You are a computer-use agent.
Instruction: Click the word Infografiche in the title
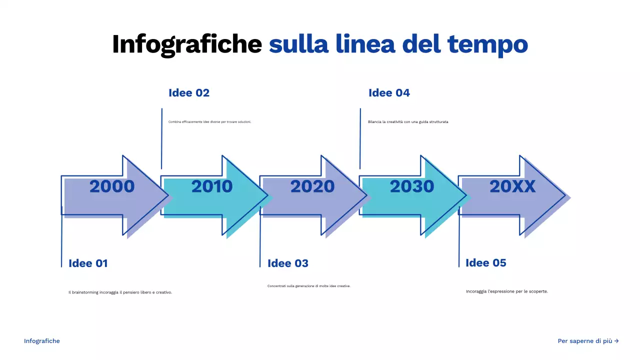186,44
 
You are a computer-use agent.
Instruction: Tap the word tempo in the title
487,45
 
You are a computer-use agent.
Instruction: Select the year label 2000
112,186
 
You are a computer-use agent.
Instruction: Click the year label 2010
212,186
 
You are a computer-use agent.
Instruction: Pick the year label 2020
312,186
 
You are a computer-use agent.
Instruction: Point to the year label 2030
412,186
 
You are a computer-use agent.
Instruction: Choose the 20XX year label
512,186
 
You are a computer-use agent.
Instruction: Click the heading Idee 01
88,263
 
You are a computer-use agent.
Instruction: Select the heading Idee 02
189,93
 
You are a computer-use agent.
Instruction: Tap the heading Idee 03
288,263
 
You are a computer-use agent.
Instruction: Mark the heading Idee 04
389,93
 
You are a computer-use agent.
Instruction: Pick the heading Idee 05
485,263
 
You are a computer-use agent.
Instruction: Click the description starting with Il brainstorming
120,292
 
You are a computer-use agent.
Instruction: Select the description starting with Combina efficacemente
209,121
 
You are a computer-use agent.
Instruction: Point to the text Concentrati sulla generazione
309,286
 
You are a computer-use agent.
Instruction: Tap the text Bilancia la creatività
408,121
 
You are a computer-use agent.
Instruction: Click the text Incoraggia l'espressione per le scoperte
506,291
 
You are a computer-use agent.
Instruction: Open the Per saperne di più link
588,341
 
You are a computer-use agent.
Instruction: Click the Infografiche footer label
42,341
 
